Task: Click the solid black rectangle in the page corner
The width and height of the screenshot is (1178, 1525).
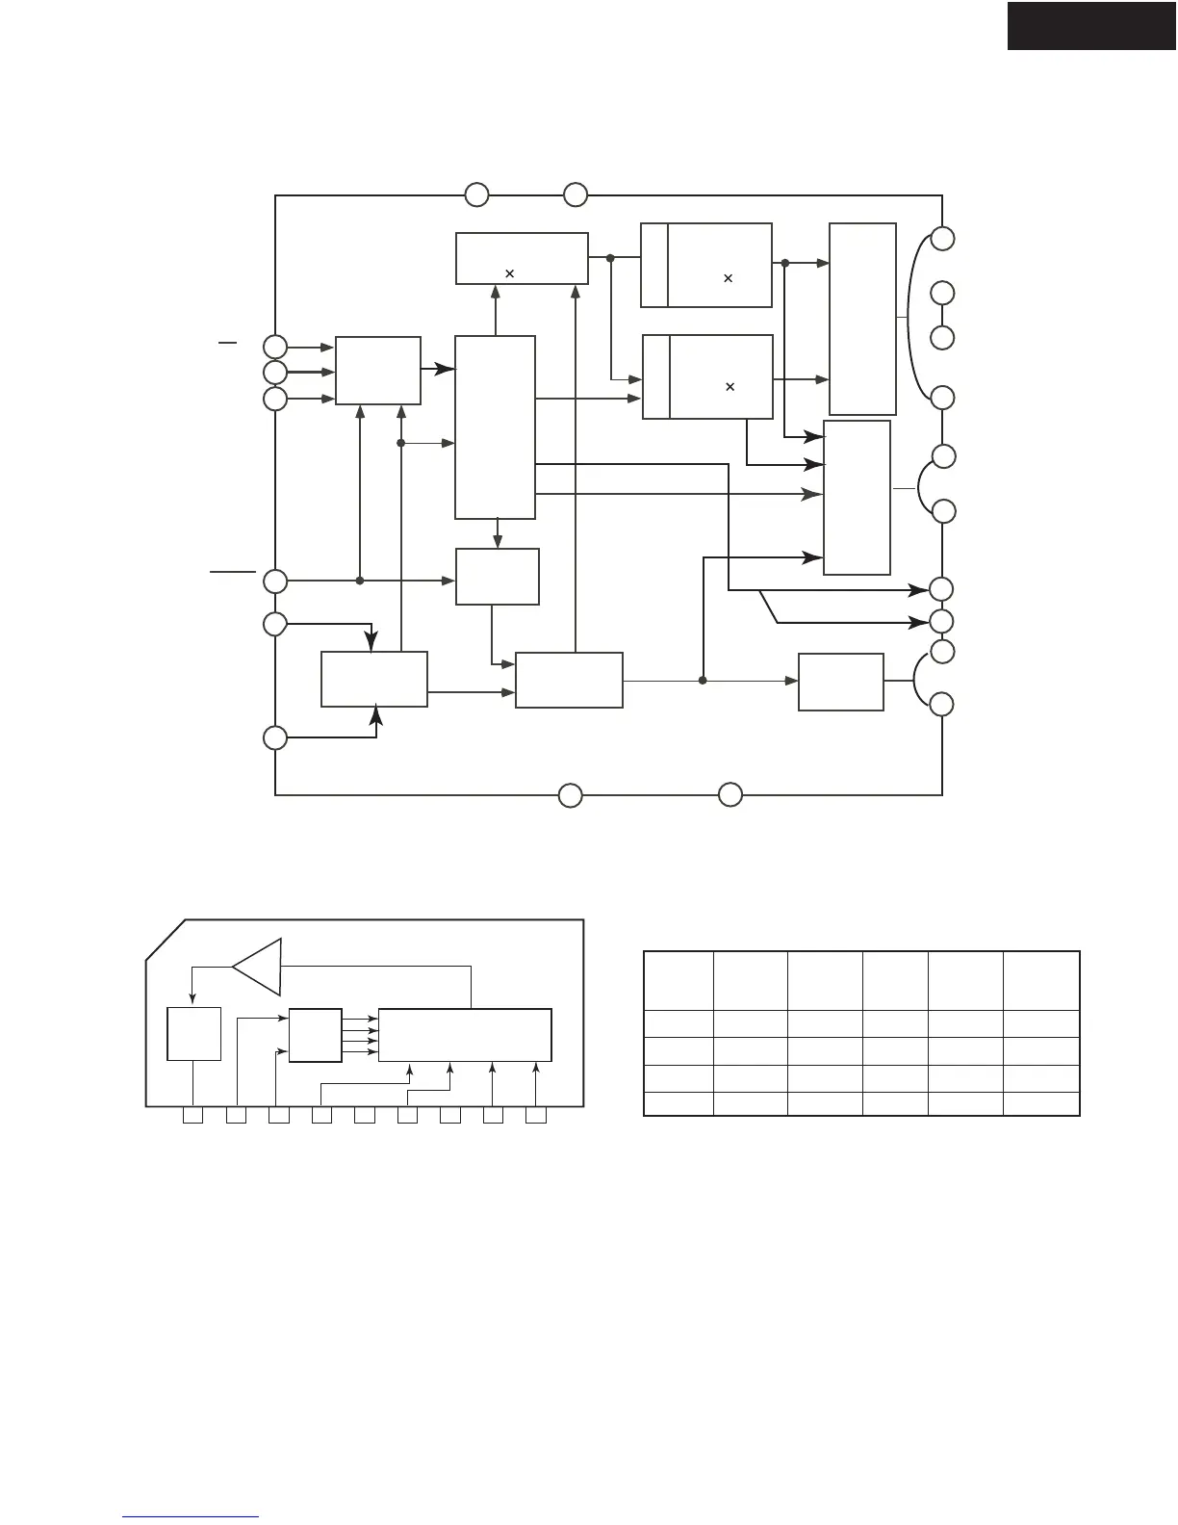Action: point(1091,25)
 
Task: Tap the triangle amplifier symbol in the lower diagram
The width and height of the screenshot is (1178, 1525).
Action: point(258,967)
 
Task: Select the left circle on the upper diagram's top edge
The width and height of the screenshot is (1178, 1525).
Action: point(476,195)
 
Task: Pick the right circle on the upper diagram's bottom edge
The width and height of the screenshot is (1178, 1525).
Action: point(730,795)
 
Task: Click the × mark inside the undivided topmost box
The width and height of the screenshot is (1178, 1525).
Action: point(509,273)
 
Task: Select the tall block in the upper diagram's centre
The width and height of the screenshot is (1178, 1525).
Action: point(495,427)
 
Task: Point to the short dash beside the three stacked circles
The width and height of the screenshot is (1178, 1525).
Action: point(227,342)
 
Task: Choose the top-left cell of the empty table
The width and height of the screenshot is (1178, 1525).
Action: point(678,980)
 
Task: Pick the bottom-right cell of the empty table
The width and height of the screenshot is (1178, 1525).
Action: point(1041,1103)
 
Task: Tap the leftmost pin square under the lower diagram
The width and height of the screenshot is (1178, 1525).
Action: point(192,1116)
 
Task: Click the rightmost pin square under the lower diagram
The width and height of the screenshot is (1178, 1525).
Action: point(536,1116)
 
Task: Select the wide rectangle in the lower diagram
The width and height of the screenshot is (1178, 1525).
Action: point(465,1035)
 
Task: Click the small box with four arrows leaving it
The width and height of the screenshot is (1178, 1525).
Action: point(315,1035)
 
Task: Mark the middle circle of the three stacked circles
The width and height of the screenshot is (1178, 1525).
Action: point(275,373)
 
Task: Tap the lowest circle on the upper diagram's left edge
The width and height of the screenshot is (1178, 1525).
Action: point(275,738)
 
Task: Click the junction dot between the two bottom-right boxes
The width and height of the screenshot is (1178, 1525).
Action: point(703,681)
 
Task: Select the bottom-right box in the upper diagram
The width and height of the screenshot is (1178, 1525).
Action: point(841,682)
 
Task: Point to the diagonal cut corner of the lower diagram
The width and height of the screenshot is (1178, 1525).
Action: point(165,940)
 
